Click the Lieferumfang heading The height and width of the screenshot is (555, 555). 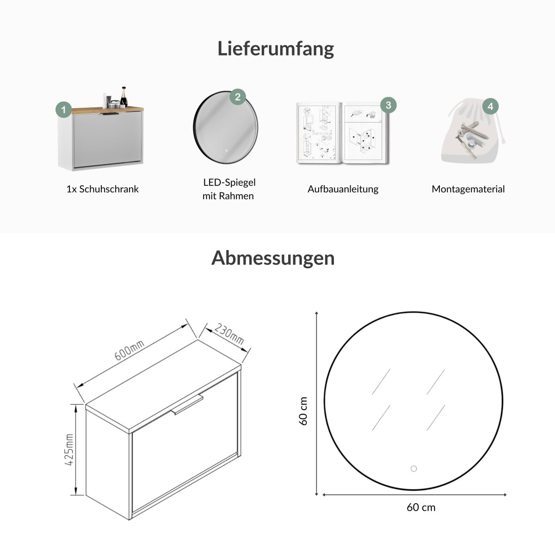[276, 49]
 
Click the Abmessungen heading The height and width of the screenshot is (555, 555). [273, 259]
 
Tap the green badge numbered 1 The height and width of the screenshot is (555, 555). [64, 110]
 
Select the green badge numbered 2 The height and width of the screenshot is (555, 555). [238, 97]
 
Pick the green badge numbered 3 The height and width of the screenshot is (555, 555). [388, 105]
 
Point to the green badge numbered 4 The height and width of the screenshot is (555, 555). [491, 106]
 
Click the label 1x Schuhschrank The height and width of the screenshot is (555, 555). [103, 189]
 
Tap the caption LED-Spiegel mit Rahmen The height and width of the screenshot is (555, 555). [229, 189]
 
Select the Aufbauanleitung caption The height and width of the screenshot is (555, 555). [343, 189]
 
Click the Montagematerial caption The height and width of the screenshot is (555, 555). [468, 189]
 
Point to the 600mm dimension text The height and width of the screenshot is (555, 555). [129, 351]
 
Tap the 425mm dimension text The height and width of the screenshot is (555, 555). [69, 450]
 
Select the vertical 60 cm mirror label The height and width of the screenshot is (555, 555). [303, 411]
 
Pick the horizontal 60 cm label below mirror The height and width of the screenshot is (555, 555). [421, 507]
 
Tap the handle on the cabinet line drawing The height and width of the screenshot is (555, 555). [187, 406]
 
